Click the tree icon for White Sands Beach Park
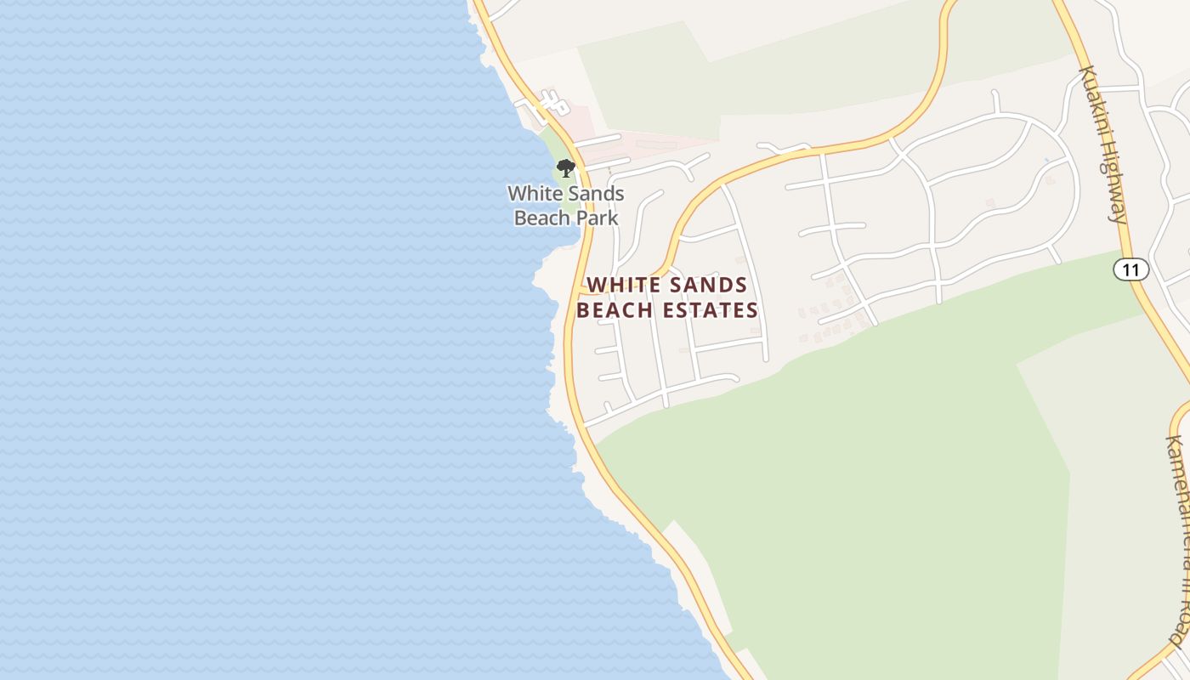(x=566, y=167)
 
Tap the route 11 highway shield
(x=1130, y=270)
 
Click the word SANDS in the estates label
(x=707, y=286)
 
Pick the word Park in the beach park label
(x=597, y=218)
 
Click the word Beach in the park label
(x=542, y=218)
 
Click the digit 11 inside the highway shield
(x=1130, y=270)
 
